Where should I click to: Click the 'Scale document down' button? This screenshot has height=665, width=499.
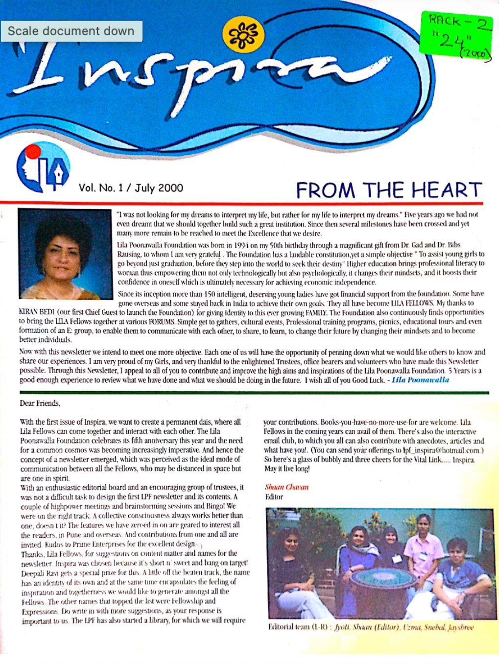point(71,31)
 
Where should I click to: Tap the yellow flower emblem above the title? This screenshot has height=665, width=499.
point(243,35)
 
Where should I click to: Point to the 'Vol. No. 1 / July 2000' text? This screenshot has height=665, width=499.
point(131,188)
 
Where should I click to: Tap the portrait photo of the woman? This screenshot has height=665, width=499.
point(65,254)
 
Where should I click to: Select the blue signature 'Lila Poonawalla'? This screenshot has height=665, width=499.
point(420,380)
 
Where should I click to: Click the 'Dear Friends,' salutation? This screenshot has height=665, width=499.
point(40,404)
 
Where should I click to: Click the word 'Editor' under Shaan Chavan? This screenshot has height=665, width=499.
point(274,497)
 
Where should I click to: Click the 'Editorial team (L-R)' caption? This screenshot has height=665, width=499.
point(300,627)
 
